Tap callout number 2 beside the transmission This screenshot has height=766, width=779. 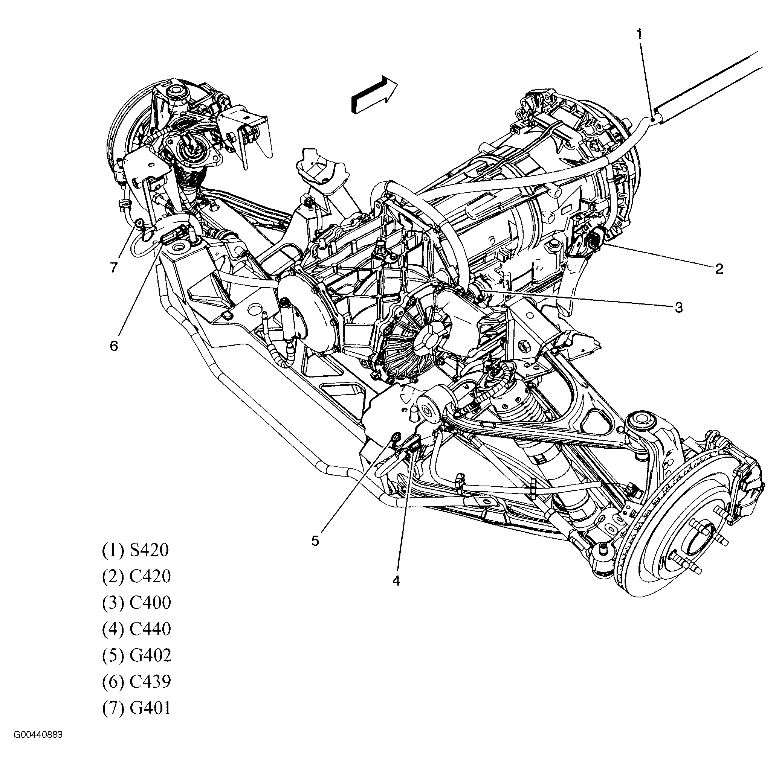click(x=719, y=269)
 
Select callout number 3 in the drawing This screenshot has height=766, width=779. click(x=679, y=308)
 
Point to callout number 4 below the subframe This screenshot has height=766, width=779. click(x=397, y=581)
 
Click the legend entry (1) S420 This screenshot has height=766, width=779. click(x=135, y=550)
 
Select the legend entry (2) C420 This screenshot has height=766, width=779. click(x=136, y=577)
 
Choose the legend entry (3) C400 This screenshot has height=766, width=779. click(x=136, y=603)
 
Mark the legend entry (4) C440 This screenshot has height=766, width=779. click(x=136, y=629)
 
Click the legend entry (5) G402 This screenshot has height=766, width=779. click(x=136, y=655)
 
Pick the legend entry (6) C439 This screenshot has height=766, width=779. click(x=136, y=681)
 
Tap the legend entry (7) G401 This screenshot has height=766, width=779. click(x=136, y=708)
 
